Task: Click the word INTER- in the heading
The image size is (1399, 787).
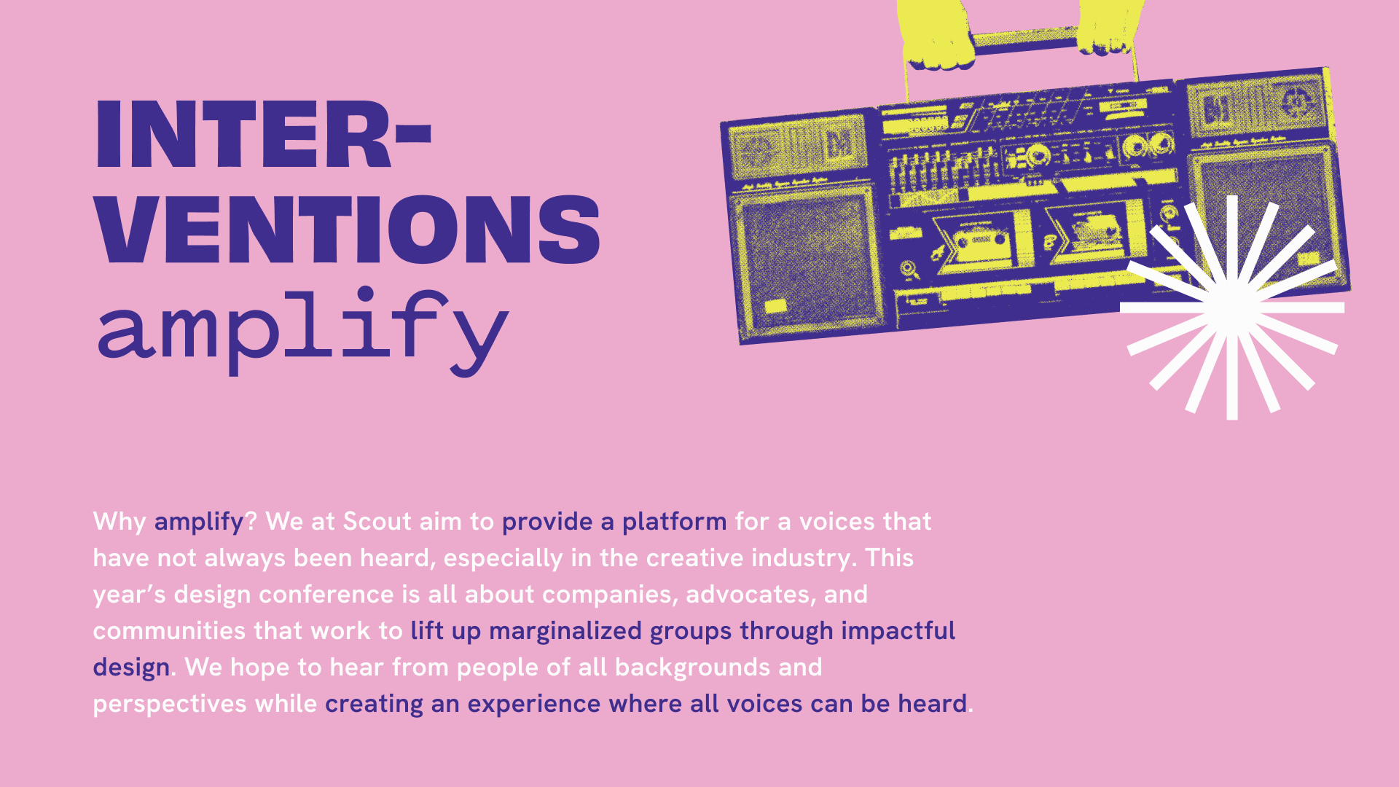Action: click(264, 136)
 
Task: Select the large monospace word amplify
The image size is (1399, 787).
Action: click(302, 332)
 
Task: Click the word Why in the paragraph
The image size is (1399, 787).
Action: click(119, 522)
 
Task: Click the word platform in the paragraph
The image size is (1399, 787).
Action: click(674, 522)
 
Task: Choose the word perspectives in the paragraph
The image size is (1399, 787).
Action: click(170, 705)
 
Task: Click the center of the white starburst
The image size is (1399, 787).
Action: click(1232, 307)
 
